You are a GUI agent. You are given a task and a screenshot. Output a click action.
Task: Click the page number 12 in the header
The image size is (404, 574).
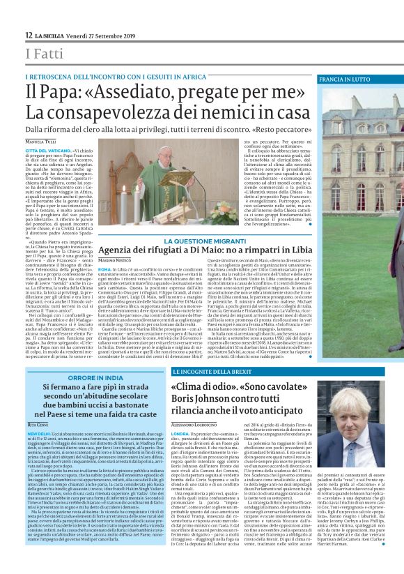(x=29, y=35)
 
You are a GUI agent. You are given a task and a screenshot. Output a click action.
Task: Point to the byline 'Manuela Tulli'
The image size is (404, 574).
(x=43, y=143)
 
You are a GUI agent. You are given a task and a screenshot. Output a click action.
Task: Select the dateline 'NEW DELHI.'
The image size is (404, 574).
(x=38, y=433)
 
